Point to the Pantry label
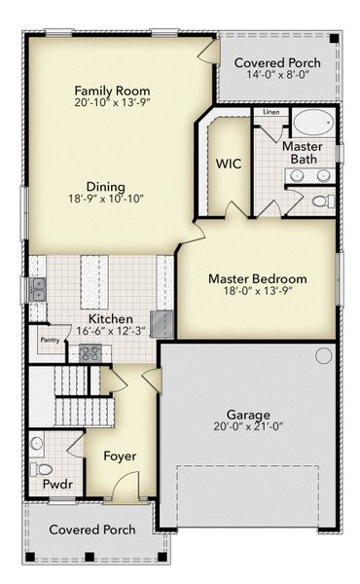pos(50,341)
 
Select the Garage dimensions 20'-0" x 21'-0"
pos(250,426)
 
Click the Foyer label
pos(121,456)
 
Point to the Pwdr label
pos(51,483)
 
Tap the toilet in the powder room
pos(37,444)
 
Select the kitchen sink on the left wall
pos(38,288)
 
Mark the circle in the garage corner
pos(323,357)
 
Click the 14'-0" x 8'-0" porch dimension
pos(277,74)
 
